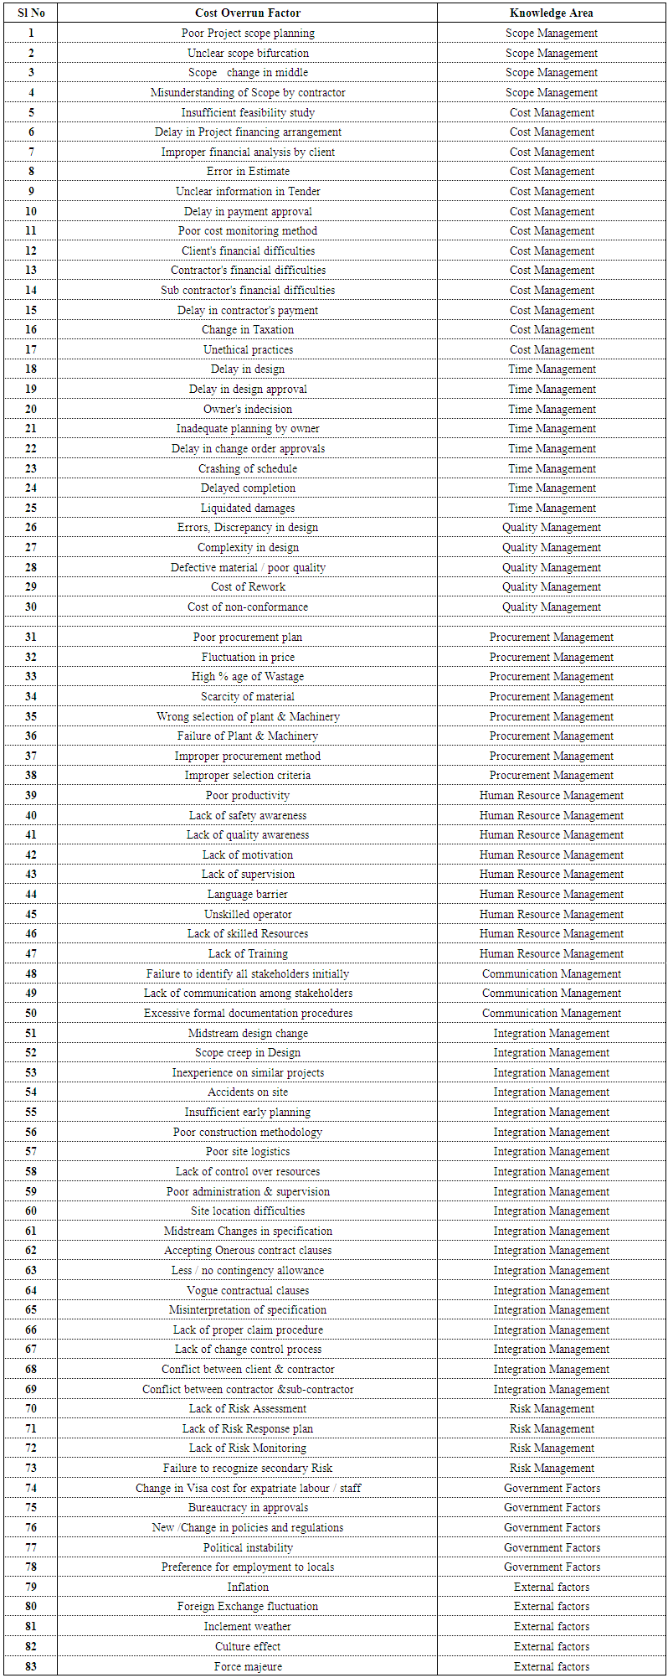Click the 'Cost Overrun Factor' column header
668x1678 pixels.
click(x=247, y=13)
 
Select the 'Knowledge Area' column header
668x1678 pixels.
click(x=551, y=13)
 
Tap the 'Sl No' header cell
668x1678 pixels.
click(x=31, y=13)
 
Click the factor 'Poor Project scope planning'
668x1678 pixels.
click(x=248, y=33)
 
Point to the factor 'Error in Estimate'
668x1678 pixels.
click(x=248, y=171)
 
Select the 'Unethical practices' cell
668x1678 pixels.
click(x=248, y=349)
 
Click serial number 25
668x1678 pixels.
click(x=31, y=508)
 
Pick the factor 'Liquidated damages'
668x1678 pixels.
click(x=248, y=508)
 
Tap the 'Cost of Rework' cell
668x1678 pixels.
click(x=248, y=586)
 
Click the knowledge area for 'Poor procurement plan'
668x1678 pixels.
click(x=551, y=637)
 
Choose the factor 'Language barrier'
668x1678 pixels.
click(x=248, y=894)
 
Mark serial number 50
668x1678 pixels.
click(x=31, y=1013)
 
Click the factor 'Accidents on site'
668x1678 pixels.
click(x=248, y=1092)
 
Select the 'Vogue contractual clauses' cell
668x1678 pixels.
click(x=248, y=1290)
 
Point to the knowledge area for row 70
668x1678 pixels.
click(x=551, y=1408)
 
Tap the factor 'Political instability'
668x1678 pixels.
click(x=248, y=1547)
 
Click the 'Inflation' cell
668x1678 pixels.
click(x=248, y=1587)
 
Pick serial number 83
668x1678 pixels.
click(x=31, y=1666)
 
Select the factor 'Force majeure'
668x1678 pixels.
click(x=248, y=1666)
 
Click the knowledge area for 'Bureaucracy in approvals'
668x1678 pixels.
click(x=551, y=1507)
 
